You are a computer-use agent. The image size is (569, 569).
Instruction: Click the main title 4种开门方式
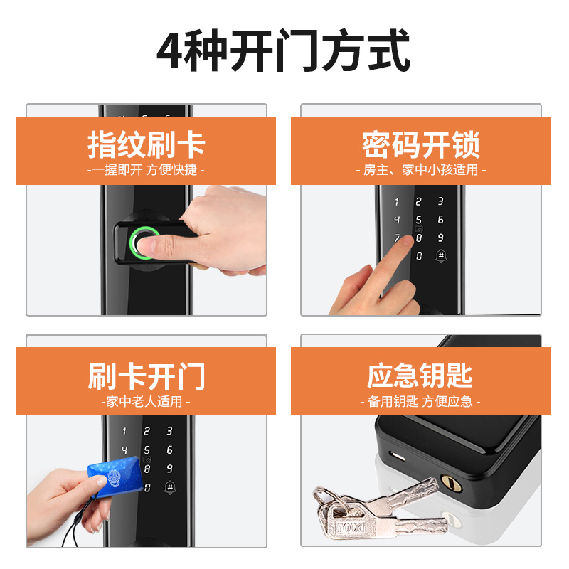pyautogui.click(x=283, y=50)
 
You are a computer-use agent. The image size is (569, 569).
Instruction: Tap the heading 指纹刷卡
pyautogui.click(x=147, y=145)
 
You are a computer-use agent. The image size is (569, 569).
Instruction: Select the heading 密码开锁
pyautogui.click(x=421, y=145)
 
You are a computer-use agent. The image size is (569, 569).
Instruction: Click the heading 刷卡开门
pyautogui.click(x=147, y=376)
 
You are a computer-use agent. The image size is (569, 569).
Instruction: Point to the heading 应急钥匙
pyautogui.click(x=420, y=376)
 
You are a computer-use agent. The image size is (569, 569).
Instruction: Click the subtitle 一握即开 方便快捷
pyautogui.click(x=146, y=170)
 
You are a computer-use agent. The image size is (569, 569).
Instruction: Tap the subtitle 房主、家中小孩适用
pyautogui.click(x=421, y=170)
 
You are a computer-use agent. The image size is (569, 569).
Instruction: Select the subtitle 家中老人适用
pyautogui.click(x=146, y=401)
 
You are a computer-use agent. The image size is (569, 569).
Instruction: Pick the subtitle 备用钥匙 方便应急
pyautogui.click(x=420, y=401)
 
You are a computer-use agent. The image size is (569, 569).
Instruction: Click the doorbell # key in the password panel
pyautogui.click(x=441, y=256)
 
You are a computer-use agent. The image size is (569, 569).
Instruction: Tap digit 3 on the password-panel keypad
pyautogui.click(x=440, y=201)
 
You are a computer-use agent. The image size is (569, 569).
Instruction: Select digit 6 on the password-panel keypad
pyautogui.click(x=440, y=219)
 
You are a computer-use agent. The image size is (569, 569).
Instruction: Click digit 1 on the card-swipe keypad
pyautogui.click(x=124, y=431)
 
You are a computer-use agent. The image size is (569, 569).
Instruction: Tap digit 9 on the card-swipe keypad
pyautogui.click(x=169, y=469)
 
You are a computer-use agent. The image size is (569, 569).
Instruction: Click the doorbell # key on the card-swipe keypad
pyautogui.click(x=170, y=487)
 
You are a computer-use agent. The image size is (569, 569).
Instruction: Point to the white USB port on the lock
pyautogui.click(x=398, y=456)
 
